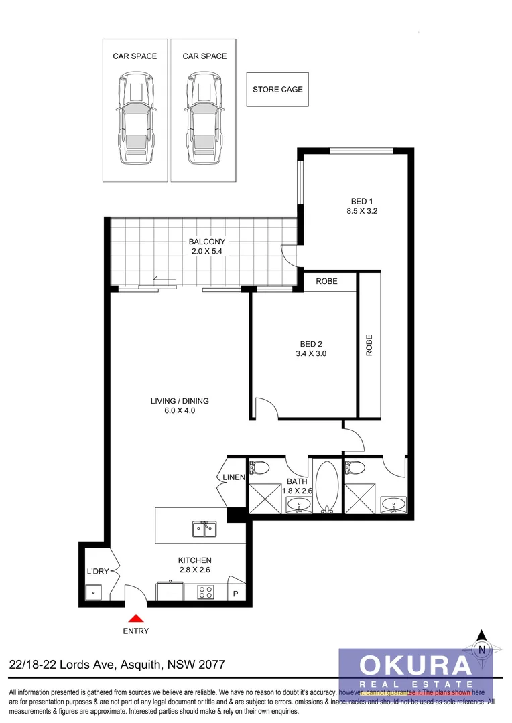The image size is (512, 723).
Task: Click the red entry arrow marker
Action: click(x=136, y=619)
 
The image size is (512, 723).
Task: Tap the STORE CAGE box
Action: click(x=277, y=90)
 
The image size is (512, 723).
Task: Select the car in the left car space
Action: click(x=135, y=119)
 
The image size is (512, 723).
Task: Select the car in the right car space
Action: click(x=204, y=119)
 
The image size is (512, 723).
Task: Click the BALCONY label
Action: click(x=207, y=242)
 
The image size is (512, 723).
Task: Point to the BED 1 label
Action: click(x=360, y=202)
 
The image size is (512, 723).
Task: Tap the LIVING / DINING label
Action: click(x=180, y=401)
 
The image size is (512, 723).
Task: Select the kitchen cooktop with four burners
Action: click(x=205, y=592)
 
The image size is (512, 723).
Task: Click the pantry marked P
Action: click(x=235, y=594)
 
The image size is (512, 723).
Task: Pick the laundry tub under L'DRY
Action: click(x=93, y=592)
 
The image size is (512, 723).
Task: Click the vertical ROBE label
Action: click(x=369, y=345)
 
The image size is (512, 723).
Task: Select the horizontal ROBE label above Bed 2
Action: click(x=326, y=281)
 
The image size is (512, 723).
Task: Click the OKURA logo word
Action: click(x=415, y=665)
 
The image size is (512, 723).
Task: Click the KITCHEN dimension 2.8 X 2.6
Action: click(x=194, y=570)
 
